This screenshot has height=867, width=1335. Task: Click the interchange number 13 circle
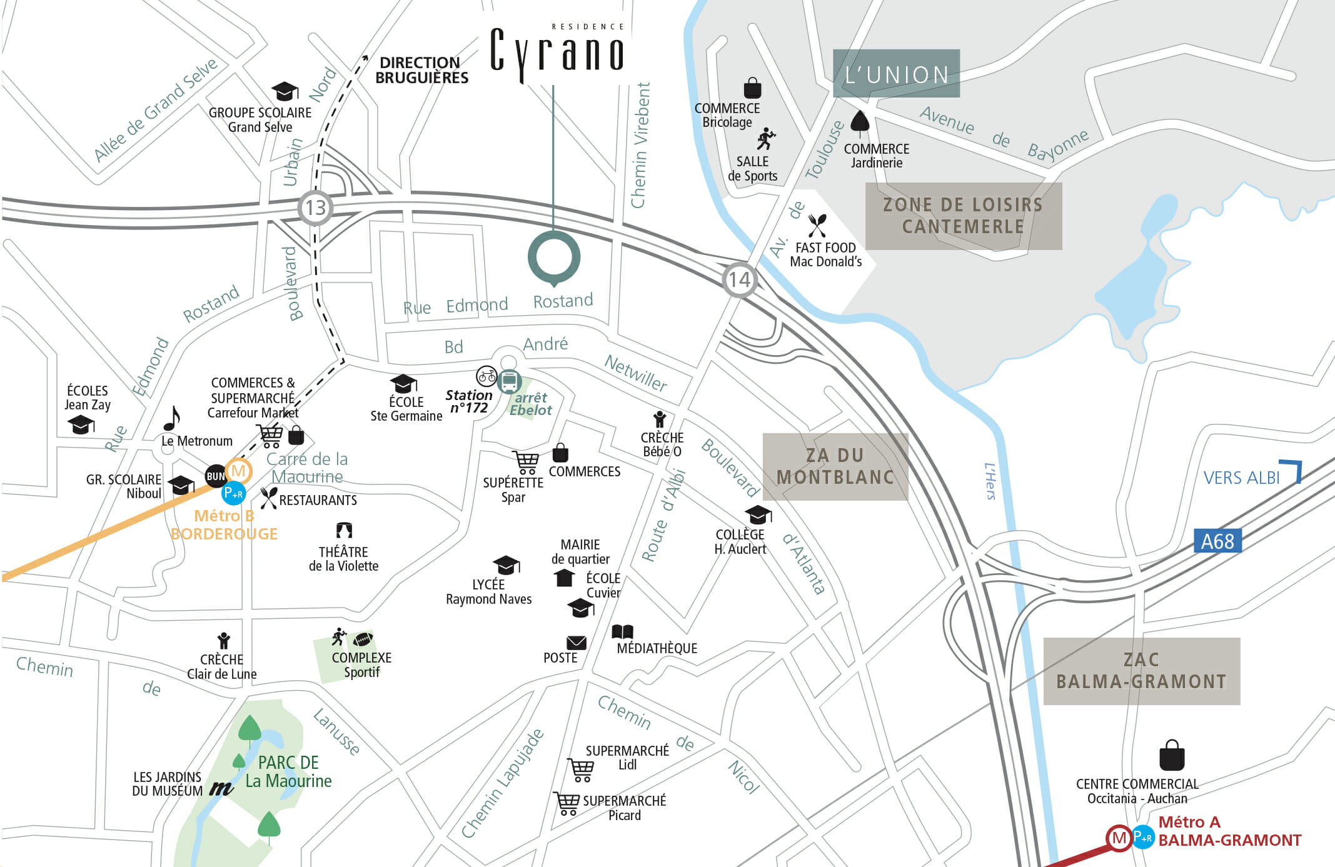(x=315, y=208)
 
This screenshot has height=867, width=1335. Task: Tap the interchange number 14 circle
(x=739, y=279)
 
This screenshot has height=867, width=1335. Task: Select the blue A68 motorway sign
(x=1217, y=541)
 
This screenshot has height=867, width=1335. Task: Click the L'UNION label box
(x=896, y=74)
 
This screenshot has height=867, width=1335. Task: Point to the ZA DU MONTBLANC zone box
(x=835, y=466)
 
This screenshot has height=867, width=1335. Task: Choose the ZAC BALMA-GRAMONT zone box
(x=1141, y=671)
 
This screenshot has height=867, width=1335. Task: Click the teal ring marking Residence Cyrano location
(x=554, y=257)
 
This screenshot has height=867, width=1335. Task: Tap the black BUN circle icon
(x=215, y=476)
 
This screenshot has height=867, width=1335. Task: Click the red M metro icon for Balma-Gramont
(x=1119, y=838)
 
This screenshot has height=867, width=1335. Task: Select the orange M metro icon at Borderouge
(x=239, y=471)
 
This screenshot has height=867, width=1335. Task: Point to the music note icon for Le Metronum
(x=172, y=418)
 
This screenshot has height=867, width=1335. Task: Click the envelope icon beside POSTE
(x=576, y=643)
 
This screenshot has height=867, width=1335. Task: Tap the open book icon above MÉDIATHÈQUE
(x=622, y=631)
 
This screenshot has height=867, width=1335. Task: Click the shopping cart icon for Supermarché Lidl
(x=581, y=769)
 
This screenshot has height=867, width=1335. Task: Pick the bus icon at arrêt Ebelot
(x=510, y=381)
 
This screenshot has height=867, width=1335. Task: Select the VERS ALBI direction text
(x=1241, y=478)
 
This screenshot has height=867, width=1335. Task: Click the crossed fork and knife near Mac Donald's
(x=817, y=225)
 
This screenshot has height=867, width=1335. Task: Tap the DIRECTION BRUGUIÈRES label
(x=421, y=70)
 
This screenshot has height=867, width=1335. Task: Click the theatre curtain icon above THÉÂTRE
(x=344, y=531)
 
